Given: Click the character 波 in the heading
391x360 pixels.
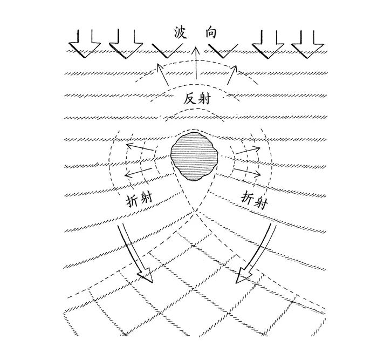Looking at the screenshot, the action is [181, 33].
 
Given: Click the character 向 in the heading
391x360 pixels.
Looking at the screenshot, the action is [211, 33].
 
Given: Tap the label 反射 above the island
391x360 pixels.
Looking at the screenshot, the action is [197, 99].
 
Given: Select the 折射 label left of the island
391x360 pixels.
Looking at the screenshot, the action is [140, 200].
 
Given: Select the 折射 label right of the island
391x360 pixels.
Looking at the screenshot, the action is [254, 200].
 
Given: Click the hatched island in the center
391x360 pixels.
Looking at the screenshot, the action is [195, 157].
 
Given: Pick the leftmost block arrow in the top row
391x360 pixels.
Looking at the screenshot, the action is [85, 44].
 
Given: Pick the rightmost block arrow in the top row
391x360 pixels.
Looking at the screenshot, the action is [307, 44].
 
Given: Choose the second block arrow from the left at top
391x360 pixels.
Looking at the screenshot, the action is [126, 44].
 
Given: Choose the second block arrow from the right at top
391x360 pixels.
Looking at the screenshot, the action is [268, 44].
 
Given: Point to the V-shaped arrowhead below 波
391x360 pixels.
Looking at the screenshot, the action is [167, 51].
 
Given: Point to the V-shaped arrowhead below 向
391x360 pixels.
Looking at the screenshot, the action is [223, 51].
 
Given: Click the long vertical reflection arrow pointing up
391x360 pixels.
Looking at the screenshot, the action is [196, 63].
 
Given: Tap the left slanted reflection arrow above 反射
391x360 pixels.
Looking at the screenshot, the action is [163, 74].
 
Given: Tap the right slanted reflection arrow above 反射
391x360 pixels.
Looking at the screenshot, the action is [232, 74].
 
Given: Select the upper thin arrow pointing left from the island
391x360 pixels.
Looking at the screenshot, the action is [140, 147].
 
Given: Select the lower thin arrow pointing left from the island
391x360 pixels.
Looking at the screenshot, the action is [139, 172].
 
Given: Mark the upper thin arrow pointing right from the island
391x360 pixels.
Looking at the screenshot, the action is [248, 150].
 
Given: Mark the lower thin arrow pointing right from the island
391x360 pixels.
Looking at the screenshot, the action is [248, 172].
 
